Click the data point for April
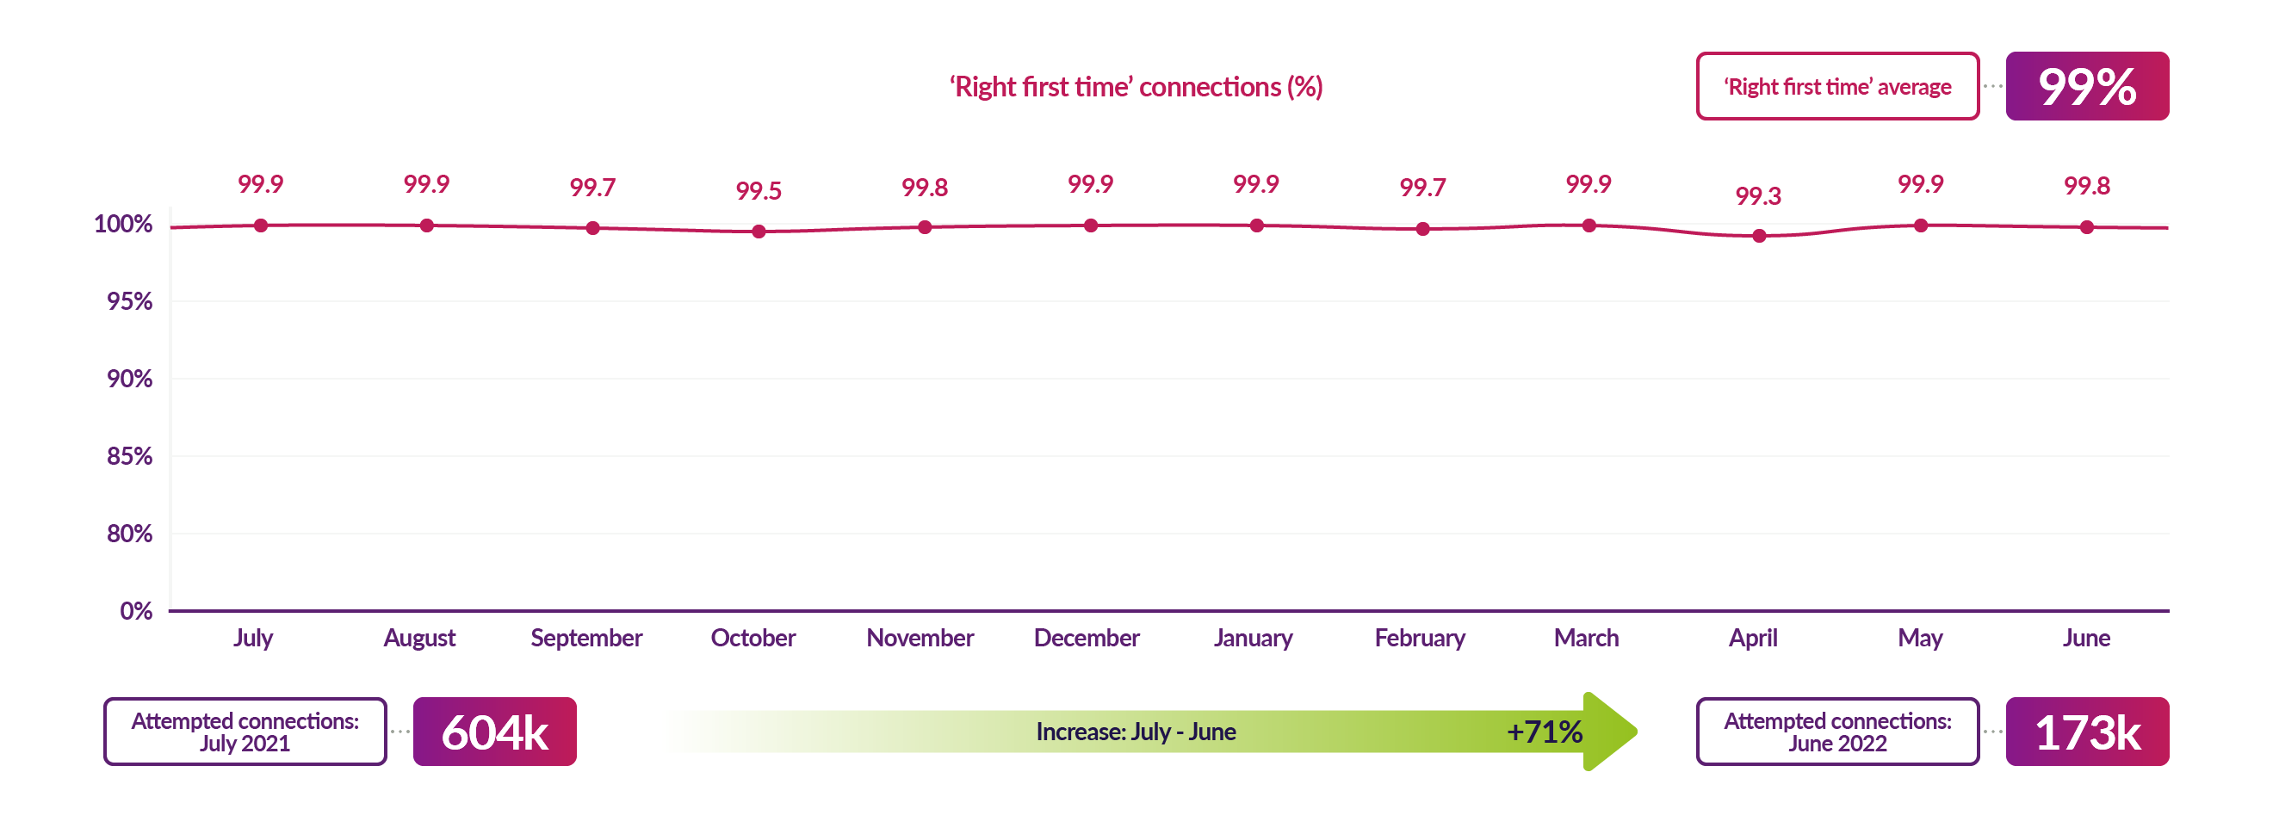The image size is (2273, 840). [1759, 236]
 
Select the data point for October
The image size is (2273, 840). [759, 232]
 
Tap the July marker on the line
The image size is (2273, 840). [260, 225]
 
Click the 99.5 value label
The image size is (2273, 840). [758, 190]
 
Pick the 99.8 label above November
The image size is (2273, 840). [924, 187]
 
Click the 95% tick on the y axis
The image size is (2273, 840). [129, 301]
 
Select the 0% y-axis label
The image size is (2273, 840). [136, 610]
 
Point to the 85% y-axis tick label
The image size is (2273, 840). [129, 456]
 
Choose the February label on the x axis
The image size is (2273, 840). [1419, 638]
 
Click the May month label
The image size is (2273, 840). [1920, 638]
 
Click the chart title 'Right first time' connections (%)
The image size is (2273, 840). [1136, 86]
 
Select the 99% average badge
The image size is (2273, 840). [2087, 86]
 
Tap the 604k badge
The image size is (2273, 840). [494, 732]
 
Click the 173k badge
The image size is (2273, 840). [2087, 732]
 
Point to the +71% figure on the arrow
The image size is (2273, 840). [1544, 732]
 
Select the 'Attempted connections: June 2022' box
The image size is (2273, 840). [1837, 732]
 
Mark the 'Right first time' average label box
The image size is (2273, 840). [1837, 86]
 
